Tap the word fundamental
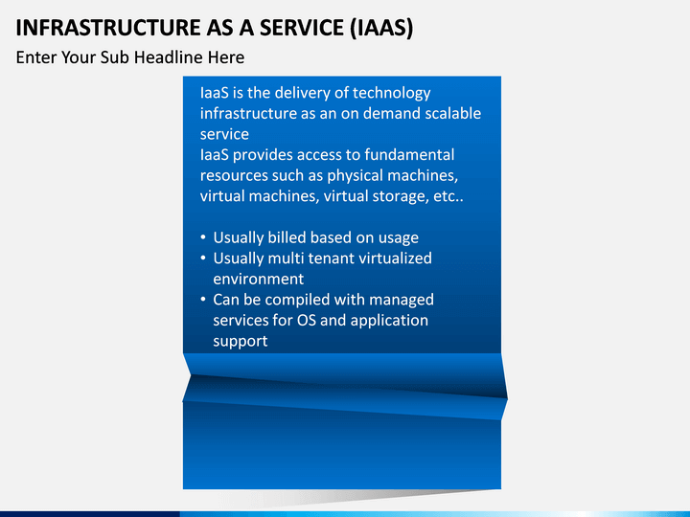[x=407, y=155]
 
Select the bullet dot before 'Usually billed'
[x=203, y=238]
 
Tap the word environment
[x=258, y=280]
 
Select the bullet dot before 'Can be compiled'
[x=203, y=300]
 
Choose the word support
[x=240, y=341]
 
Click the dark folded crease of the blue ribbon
[x=345, y=387]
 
